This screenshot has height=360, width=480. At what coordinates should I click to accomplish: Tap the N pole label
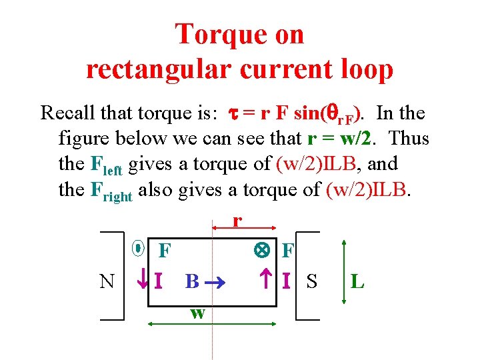pyautogui.click(x=107, y=281)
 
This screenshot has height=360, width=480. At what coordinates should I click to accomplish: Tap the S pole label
pyautogui.click(x=311, y=281)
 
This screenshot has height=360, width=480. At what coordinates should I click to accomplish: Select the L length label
pyautogui.click(x=357, y=281)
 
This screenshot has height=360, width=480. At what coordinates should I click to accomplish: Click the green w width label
pyautogui.click(x=197, y=313)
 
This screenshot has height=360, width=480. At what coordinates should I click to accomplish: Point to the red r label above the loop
pyautogui.click(x=237, y=221)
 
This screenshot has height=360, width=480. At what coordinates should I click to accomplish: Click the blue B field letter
pyautogui.click(x=192, y=281)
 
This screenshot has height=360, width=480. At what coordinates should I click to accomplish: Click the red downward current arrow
pyautogui.click(x=142, y=281)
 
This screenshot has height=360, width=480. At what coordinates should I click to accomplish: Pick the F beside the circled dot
pyautogui.click(x=164, y=251)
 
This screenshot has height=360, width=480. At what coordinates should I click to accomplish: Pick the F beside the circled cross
pyautogui.click(x=288, y=251)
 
